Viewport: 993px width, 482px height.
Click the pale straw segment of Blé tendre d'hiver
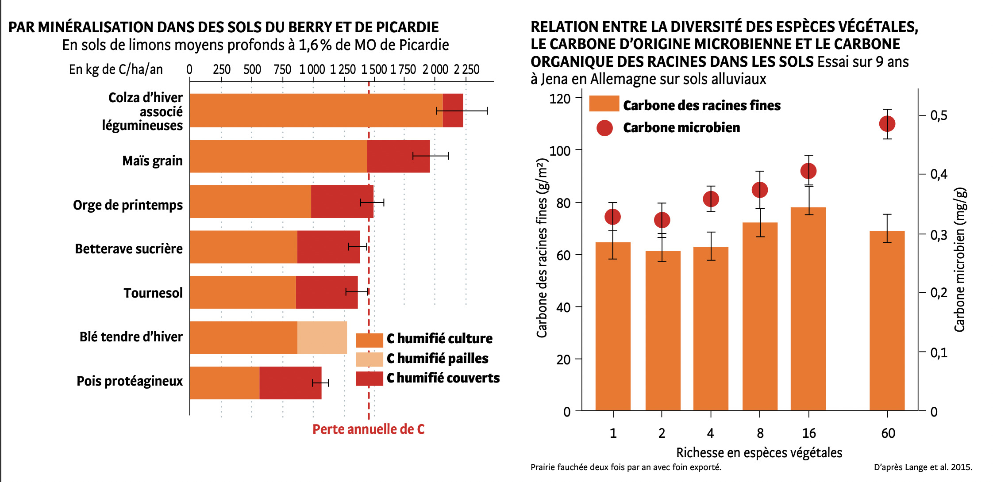click(322, 337)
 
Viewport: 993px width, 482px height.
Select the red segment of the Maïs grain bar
click(398, 156)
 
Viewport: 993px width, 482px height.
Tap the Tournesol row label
click(153, 293)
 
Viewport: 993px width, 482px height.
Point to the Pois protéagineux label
click(129, 381)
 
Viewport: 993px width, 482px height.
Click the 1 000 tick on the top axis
click(312, 69)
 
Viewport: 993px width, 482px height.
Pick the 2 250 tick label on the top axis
click(466, 69)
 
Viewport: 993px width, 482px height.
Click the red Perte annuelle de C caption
click(368, 429)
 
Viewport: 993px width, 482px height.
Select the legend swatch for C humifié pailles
click(369, 359)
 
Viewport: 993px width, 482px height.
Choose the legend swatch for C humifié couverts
click(369, 379)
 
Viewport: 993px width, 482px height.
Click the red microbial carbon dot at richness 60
click(887, 124)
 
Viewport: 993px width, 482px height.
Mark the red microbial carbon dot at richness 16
click(808, 171)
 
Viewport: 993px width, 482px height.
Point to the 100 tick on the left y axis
click(560, 151)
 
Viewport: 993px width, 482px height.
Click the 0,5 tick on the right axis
click(939, 115)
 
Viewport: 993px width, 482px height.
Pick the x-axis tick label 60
click(888, 433)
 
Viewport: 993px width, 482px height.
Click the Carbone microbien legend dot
click(604, 128)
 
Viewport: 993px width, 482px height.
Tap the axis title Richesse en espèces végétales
click(759, 452)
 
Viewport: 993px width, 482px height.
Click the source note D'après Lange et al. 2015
click(923, 467)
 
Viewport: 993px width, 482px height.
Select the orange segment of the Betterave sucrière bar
click(243, 247)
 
